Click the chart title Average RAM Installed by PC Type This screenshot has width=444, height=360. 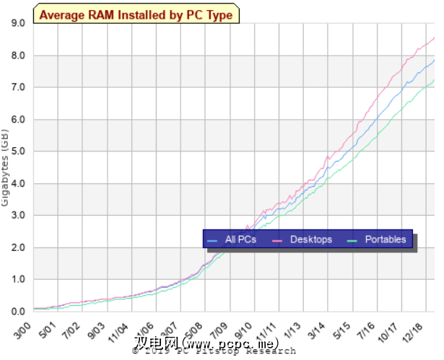tap(136, 14)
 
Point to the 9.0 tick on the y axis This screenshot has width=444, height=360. tap(17, 23)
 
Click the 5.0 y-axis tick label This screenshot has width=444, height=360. tap(17, 152)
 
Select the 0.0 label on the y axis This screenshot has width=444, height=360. tap(17, 311)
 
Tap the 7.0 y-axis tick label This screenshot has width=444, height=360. tap(17, 87)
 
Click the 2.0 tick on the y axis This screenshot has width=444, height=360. tap(17, 247)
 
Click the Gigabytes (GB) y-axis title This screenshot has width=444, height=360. tap(6, 166)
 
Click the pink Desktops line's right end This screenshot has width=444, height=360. tap(434, 38)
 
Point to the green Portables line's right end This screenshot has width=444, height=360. tap(434, 80)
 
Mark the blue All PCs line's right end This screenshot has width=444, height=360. tap(434, 60)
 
